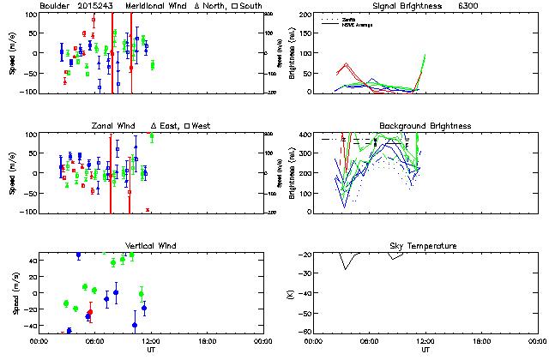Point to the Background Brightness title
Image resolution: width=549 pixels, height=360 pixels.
pyautogui.click(x=425, y=126)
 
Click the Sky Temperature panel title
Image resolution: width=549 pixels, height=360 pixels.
pyautogui.click(x=425, y=246)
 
